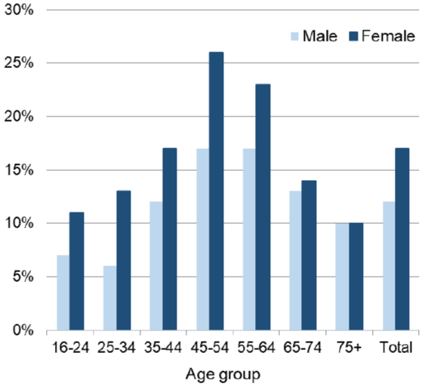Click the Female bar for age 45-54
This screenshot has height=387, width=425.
tap(217, 191)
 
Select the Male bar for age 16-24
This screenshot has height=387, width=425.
tap(63, 293)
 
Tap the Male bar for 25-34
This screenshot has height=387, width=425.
tap(109, 298)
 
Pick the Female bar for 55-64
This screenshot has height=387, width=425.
tap(263, 207)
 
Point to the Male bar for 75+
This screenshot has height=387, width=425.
tap(342, 277)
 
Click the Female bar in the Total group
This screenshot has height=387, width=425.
tap(402, 239)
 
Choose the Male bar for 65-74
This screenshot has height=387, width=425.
tap(295, 261)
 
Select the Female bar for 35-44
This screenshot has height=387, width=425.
tap(170, 239)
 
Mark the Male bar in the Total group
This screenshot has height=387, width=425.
tap(390, 266)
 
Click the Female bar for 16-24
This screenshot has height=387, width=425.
tap(77, 271)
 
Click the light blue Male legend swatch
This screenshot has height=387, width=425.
tap(294, 36)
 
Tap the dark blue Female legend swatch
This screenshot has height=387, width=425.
tap(353, 36)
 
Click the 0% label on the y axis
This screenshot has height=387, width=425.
tap(23, 330)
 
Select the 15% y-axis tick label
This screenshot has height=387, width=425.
tap(19, 170)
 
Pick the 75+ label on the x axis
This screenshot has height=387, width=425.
tap(349, 348)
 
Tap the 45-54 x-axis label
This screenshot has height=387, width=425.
tap(210, 348)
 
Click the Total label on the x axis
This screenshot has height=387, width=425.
tap(396, 348)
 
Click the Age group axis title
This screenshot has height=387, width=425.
tap(223, 375)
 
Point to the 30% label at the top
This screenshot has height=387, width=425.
tap(19, 11)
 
